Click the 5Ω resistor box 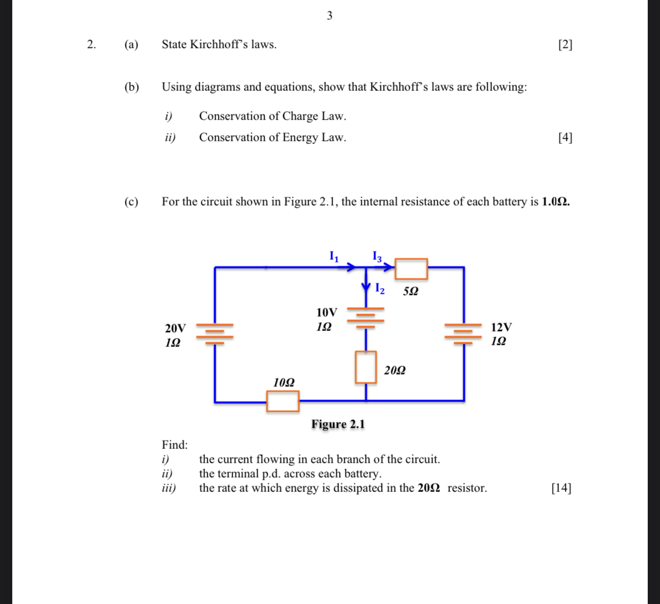(x=411, y=269)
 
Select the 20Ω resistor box (x=366, y=367)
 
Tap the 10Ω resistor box (x=283, y=401)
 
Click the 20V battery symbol (x=215, y=334)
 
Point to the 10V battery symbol (x=366, y=317)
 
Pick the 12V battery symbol (x=463, y=334)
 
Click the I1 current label (x=334, y=257)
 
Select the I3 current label (x=377, y=257)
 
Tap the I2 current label (x=379, y=288)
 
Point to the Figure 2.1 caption (x=338, y=424)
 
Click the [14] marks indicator (x=561, y=488)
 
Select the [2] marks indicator (x=565, y=45)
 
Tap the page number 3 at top (x=329, y=16)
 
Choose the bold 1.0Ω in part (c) (x=555, y=202)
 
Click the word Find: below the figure (x=175, y=445)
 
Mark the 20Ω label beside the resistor (x=395, y=370)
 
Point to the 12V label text (x=501, y=327)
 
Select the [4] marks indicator (x=565, y=138)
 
